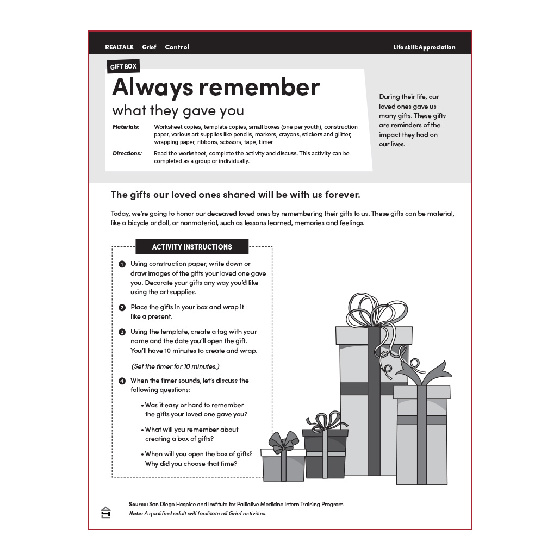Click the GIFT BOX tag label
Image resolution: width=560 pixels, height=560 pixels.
(123, 67)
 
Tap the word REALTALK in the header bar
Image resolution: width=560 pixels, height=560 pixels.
(119, 47)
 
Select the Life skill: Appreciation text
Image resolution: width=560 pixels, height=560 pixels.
(424, 47)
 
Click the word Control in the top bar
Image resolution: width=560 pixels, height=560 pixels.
(177, 47)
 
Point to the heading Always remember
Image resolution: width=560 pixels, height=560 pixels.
(216, 87)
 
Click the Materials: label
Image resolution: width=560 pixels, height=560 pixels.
(126, 127)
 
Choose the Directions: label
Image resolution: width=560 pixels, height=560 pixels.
(127, 153)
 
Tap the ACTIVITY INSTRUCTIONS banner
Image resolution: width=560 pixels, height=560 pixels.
(192, 247)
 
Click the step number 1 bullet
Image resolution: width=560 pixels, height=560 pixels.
(122, 264)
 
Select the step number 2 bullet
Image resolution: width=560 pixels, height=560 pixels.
(122, 308)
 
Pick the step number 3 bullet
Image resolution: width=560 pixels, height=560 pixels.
(122, 332)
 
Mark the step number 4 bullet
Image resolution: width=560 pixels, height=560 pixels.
(122, 381)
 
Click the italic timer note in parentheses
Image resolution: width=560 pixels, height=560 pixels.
(175, 366)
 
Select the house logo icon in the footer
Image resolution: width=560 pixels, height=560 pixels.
(105, 512)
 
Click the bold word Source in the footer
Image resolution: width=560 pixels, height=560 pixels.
(138, 504)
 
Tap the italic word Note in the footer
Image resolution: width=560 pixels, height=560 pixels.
(135, 513)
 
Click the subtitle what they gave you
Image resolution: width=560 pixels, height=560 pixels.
(178, 111)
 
